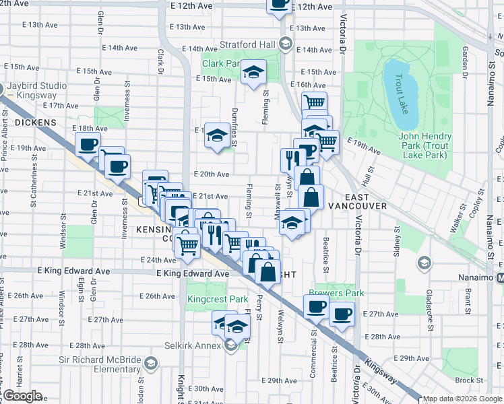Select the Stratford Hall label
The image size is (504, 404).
pos(247,44)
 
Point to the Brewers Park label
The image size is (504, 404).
pos(336,293)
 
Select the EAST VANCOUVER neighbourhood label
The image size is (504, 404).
pos(358,205)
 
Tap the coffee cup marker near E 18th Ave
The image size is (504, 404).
pos(88,143)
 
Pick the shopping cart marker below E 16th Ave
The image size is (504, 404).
pos(314,103)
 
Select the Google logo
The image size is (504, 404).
pos(22,396)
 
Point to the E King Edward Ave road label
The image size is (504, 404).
pos(193,274)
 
